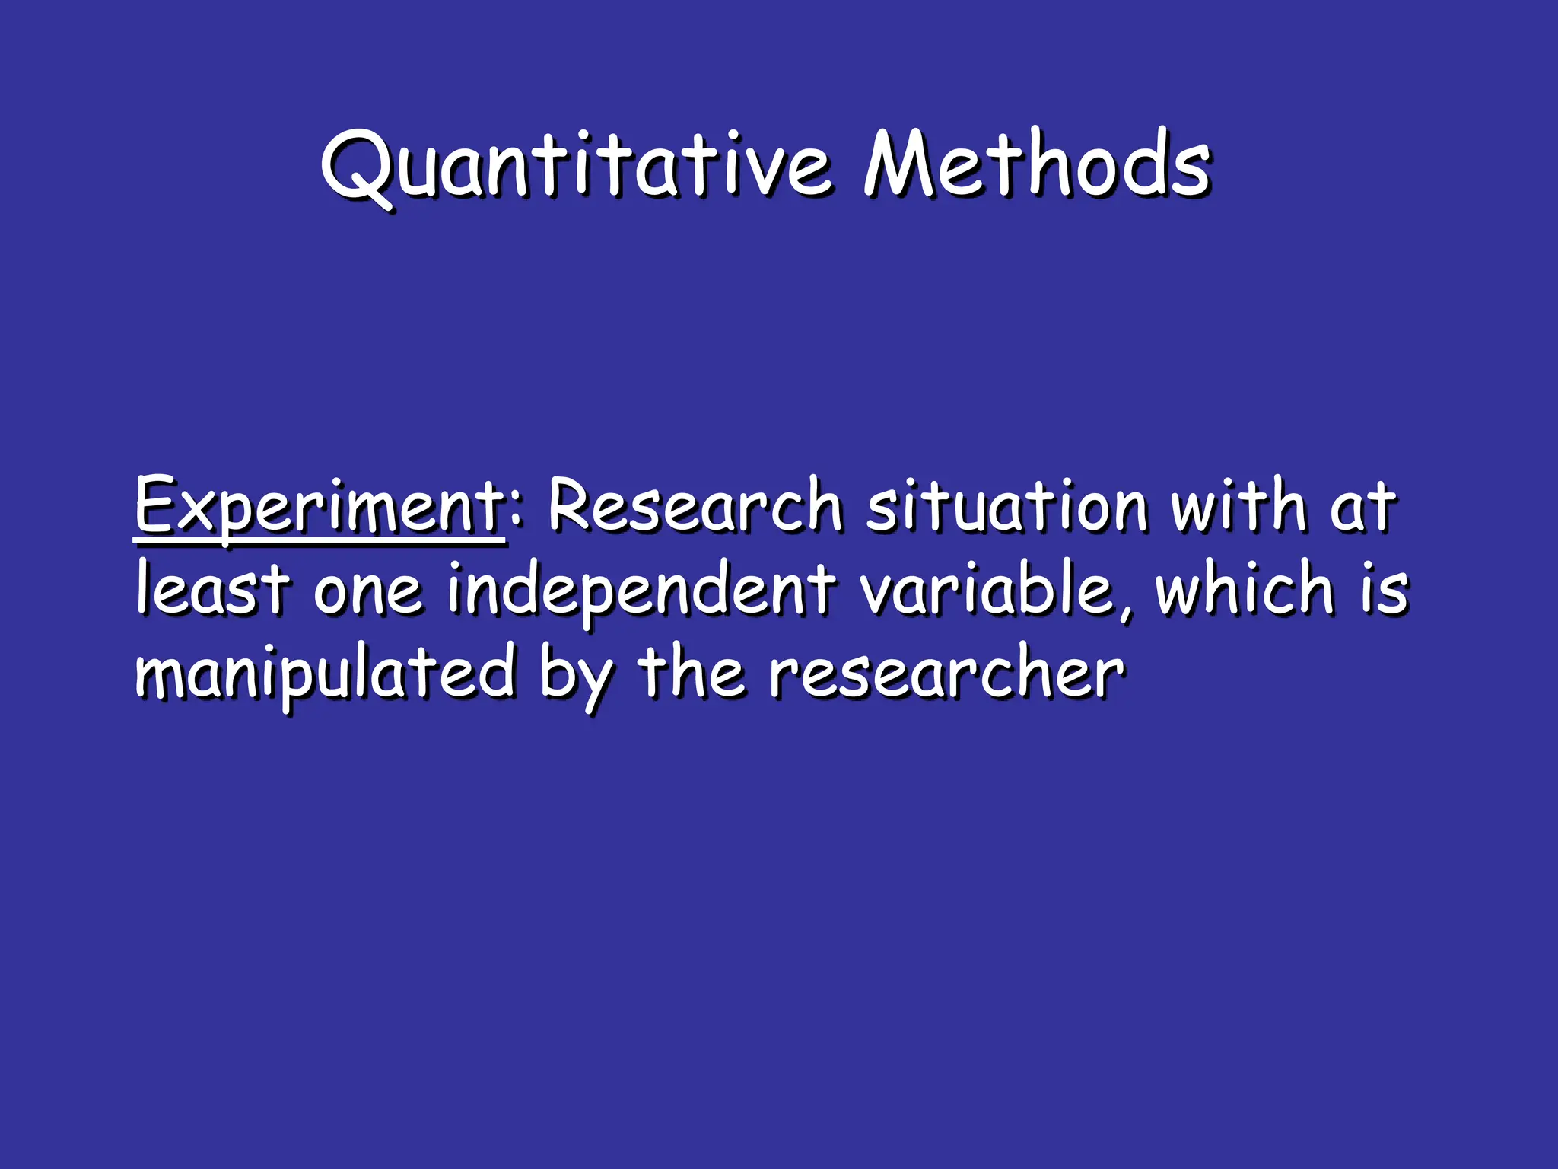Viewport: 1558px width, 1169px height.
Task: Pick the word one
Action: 367,592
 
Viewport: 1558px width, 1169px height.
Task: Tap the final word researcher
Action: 946,672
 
